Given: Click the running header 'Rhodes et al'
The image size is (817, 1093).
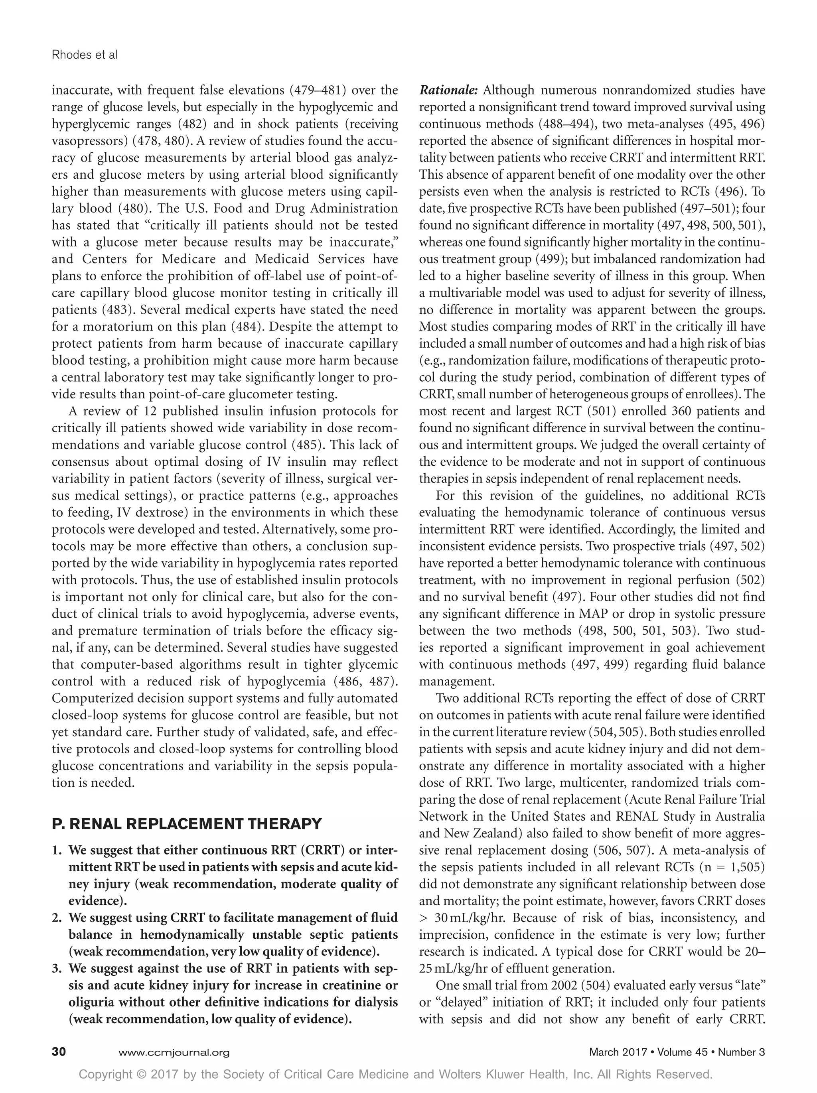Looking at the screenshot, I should [x=85, y=55].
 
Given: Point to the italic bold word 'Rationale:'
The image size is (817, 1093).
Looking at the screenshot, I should [x=448, y=91].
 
